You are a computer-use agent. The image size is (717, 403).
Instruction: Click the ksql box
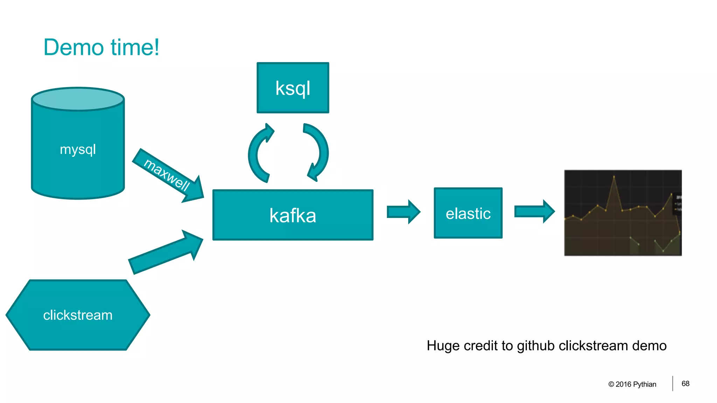pos(293,88)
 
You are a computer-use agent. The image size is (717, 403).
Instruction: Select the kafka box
pos(293,215)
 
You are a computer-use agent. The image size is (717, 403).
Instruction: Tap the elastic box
pos(468,213)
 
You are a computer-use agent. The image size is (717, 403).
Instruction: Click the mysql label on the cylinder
pos(78,149)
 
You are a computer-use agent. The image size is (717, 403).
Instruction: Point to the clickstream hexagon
pos(78,315)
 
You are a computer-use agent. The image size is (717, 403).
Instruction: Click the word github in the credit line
pos(536,346)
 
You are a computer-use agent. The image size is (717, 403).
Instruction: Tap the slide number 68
pos(685,384)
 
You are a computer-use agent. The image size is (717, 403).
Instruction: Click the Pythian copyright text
pos(632,384)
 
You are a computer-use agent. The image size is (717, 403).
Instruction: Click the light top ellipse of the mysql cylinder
pos(78,99)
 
